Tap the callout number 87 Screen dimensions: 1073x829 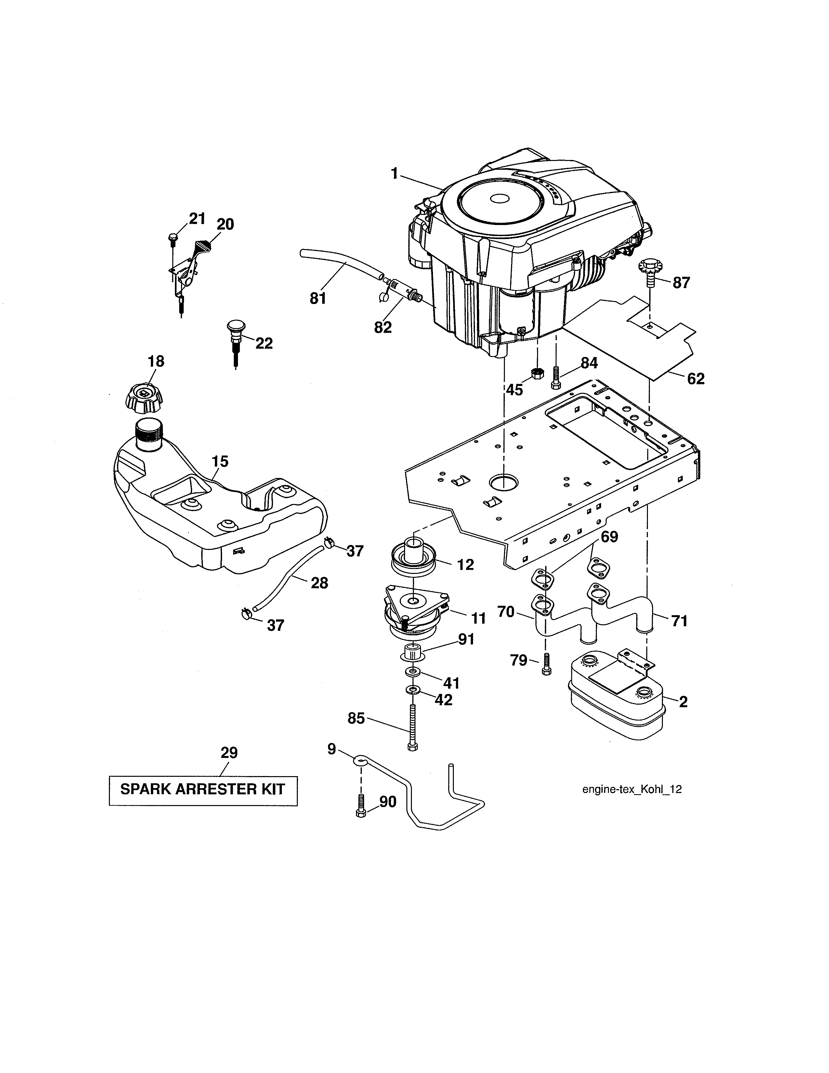[x=681, y=283]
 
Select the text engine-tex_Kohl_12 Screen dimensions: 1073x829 [x=632, y=789]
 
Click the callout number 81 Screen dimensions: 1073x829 [x=318, y=298]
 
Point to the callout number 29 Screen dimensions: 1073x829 [x=229, y=753]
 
